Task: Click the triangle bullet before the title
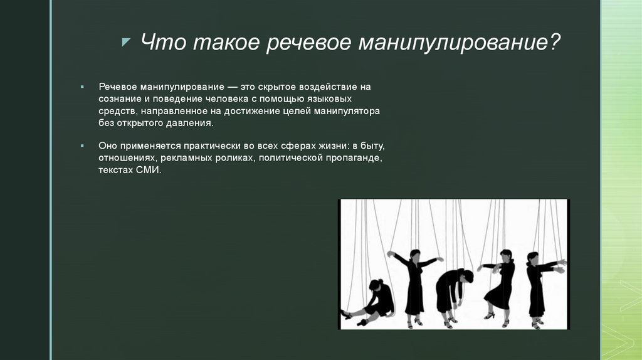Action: [x=126, y=41]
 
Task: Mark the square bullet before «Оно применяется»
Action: [x=83, y=145]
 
